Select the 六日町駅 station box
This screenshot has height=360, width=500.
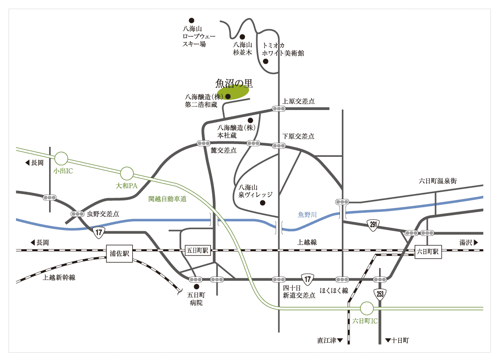pyautogui.click(x=428, y=251)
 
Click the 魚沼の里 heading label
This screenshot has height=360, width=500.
pyautogui.click(x=234, y=83)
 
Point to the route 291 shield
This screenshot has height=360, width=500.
pyautogui.click(x=373, y=225)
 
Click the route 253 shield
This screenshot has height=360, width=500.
pyautogui.click(x=380, y=294)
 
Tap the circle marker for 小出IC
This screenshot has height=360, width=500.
pyautogui.click(x=61, y=159)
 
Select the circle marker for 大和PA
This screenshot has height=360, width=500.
pyautogui.click(x=127, y=173)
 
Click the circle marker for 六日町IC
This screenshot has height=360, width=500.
pyautogui.click(x=366, y=309)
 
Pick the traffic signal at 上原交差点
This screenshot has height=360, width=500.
pyautogui.click(x=279, y=109)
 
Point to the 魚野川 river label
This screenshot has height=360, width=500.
pyautogui.click(x=307, y=214)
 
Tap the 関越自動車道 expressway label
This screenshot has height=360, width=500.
pyautogui.click(x=168, y=199)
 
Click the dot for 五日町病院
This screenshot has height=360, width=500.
pyautogui.click(x=196, y=287)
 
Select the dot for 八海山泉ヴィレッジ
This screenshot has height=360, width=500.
pyautogui.click(x=262, y=203)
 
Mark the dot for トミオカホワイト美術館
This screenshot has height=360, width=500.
pyautogui.click(x=266, y=62)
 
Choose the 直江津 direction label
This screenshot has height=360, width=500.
pyautogui.click(x=330, y=340)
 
